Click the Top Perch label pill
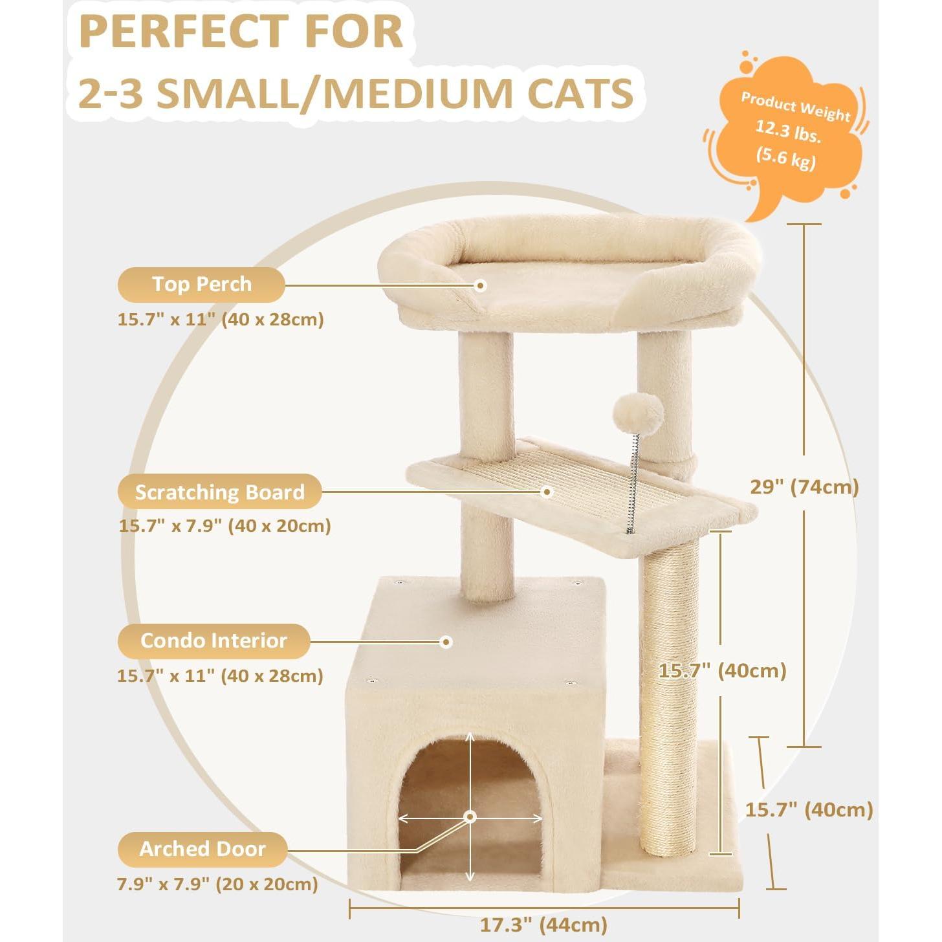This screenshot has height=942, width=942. click(x=201, y=285)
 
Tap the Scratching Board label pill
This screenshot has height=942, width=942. click(x=219, y=492)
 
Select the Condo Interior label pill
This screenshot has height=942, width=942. click(x=214, y=641)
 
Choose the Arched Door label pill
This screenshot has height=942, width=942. click(x=202, y=849)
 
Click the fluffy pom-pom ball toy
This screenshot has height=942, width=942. click(x=638, y=413)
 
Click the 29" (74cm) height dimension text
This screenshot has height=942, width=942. click(x=804, y=487)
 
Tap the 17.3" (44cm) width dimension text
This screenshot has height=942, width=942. click(x=543, y=925)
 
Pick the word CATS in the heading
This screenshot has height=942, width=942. click(x=580, y=93)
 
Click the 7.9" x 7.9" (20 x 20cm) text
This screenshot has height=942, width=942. click(x=217, y=884)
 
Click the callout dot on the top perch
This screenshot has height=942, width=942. click(x=480, y=285)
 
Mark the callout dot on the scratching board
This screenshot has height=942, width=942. click(x=547, y=492)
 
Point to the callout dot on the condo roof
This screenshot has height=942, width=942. click(x=446, y=642)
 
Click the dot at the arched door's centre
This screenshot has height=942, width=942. click(x=470, y=817)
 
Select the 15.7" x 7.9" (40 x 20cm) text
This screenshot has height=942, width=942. click(x=225, y=525)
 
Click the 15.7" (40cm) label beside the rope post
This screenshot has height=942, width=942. click(x=722, y=670)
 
